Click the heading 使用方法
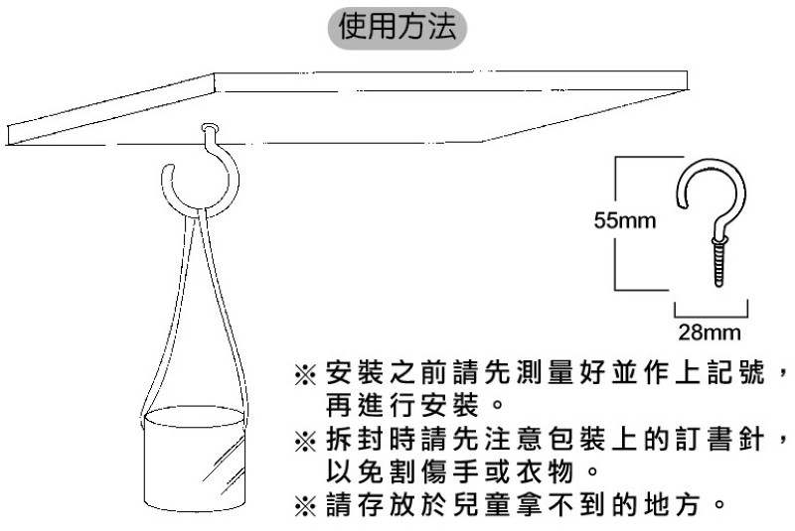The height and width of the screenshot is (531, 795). point(397,27)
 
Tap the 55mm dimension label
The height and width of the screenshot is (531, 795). point(625,220)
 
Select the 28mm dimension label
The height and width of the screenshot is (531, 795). point(710,332)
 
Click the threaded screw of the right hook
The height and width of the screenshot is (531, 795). point(718,263)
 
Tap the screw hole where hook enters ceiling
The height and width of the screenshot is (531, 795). point(210,128)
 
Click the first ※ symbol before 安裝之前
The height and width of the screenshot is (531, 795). point(305,375)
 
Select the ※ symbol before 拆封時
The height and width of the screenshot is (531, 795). point(305,441)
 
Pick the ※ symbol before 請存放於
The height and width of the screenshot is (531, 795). point(305,505)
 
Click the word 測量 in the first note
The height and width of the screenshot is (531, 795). point(545,373)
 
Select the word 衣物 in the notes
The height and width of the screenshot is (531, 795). point(545,471)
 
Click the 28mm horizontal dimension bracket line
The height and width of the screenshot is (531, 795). point(711,316)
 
